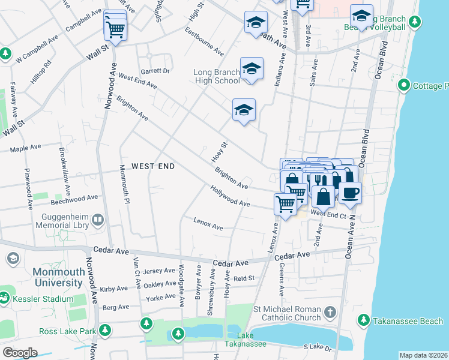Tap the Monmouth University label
click(41, 277)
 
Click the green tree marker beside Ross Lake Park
click(105, 331)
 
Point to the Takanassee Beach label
click(408, 321)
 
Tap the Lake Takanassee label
click(245, 340)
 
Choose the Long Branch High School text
click(217, 76)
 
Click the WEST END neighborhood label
click(152, 166)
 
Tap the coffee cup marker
click(350, 191)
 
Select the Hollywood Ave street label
click(230, 196)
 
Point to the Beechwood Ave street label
click(75, 197)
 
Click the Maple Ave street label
click(25, 147)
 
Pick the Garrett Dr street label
click(158, 71)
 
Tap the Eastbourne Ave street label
click(205, 41)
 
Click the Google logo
click(20, 353)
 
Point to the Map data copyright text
click(423, 355)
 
